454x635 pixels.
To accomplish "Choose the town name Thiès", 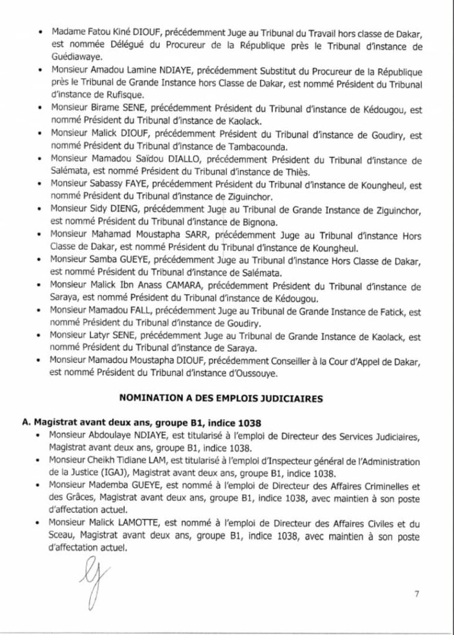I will (x=291, y=172).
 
